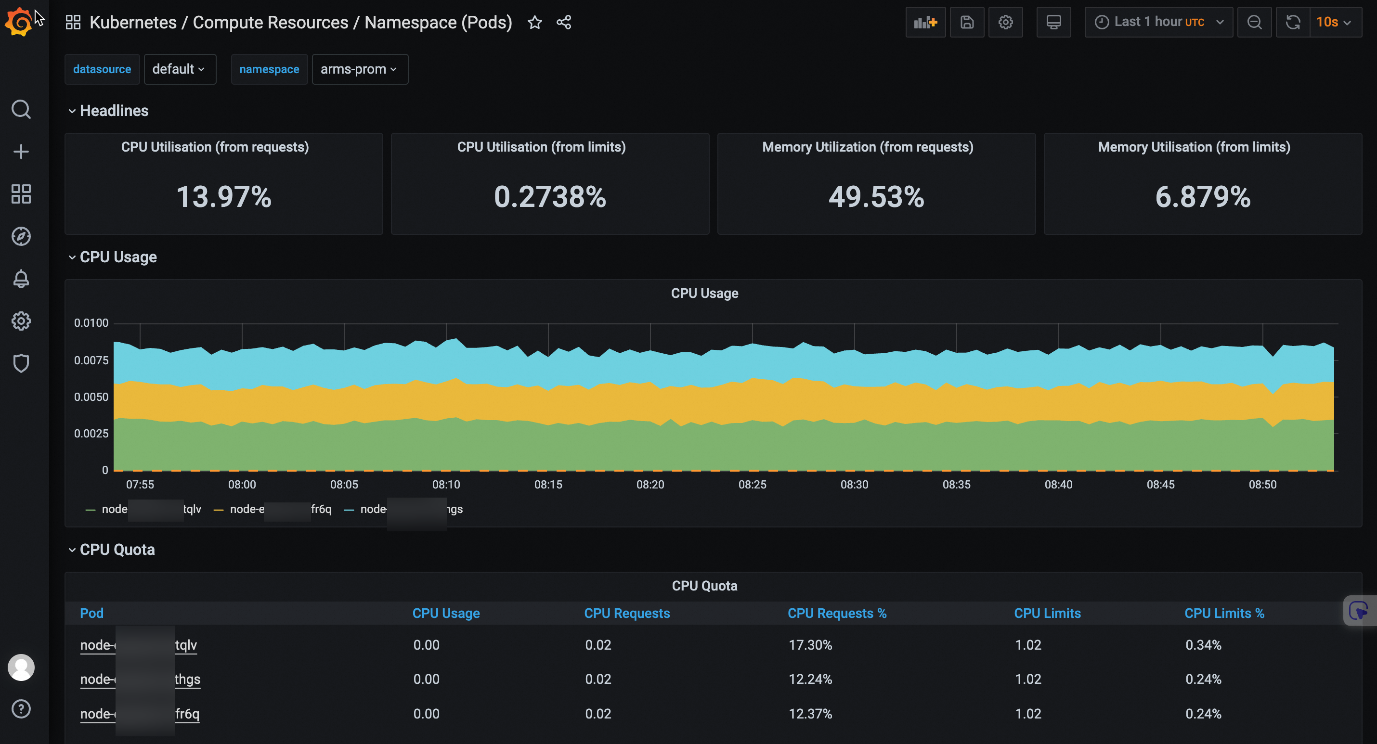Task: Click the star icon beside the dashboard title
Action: [534, 23]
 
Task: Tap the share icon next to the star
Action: [564, 23]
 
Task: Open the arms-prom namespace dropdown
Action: [359, 69]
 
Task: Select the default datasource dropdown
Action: [179, 69]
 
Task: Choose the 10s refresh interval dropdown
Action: [1334, 23]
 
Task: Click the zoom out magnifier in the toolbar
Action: [1254, 23]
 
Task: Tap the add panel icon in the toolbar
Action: [925, 23]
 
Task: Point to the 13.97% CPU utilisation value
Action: [223, 197]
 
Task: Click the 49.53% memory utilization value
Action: [876, 197]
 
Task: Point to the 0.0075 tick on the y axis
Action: [91, 360]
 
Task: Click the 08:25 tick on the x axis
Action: [752, 485]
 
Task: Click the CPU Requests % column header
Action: [837, 614]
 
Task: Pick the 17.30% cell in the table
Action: [810, 645]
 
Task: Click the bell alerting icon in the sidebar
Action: [21, 279]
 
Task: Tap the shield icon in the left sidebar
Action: [21, 363]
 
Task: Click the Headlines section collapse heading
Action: [113, 111]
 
